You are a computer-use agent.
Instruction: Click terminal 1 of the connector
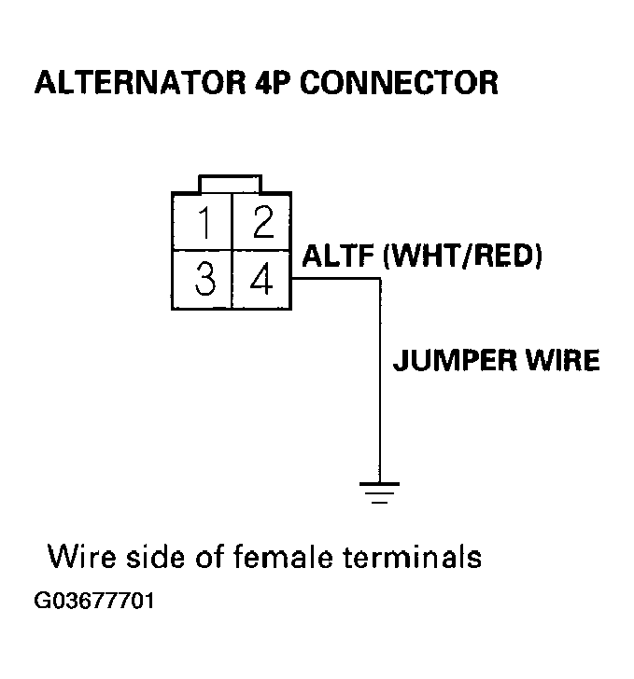[x=203, y=223]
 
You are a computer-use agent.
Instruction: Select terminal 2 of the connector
[x=261, y=223]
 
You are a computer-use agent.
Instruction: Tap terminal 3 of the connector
[x=203, y=280]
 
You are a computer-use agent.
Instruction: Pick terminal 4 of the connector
[x=261, y=280]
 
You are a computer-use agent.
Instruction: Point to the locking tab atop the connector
[x=231, y=182]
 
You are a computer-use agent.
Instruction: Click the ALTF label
[x=339, y=256]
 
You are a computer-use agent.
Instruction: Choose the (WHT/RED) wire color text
[x=463, y=256]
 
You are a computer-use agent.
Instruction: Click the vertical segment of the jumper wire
[x=378, y=392]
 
